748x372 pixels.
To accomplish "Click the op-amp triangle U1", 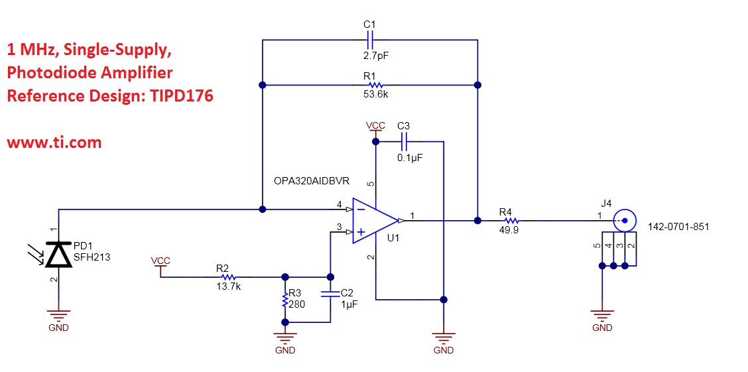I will (x=373, y=220).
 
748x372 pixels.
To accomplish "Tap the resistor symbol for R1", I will (x=375, y=85).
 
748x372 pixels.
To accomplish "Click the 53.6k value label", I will (x=375, y=95).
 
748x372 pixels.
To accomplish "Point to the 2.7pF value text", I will (x=375, y=56).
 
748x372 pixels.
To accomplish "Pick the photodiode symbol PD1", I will (x=58, y=254).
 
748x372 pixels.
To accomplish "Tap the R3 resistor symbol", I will (x=285, y=300).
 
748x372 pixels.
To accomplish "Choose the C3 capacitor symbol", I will (x=404, y=141).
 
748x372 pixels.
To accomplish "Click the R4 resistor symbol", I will (x=507, y=219).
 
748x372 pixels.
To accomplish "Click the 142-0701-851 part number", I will (x=678, y=227).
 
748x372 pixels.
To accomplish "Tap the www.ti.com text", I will (x=54, y=142).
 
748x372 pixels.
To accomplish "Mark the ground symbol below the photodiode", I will (x=58, y=316).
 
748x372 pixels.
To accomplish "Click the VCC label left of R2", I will (x=160, y=261).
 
